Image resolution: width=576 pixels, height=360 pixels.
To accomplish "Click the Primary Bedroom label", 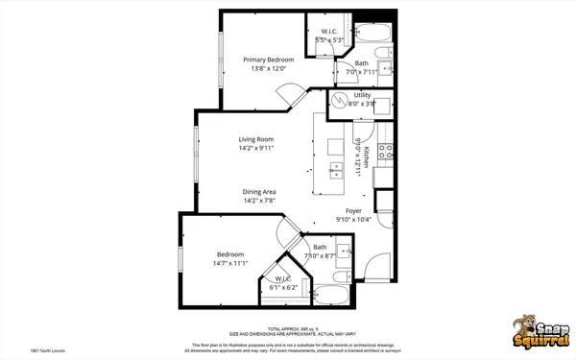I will (x=268, y=60).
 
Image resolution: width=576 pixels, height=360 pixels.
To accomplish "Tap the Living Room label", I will (x=256, y=139).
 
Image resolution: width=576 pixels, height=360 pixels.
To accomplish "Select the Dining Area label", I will (x=259, y=192).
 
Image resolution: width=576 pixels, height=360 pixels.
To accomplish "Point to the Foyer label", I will (x=354, y=210).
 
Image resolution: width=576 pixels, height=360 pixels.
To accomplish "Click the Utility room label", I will (x=362, y=96).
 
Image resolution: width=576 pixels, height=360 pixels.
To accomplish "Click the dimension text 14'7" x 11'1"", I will (x=230, y=263).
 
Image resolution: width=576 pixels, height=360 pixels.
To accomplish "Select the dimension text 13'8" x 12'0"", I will (x=268, y=69).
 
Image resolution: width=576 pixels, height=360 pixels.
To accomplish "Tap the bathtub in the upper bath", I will (x=375, y=33).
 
